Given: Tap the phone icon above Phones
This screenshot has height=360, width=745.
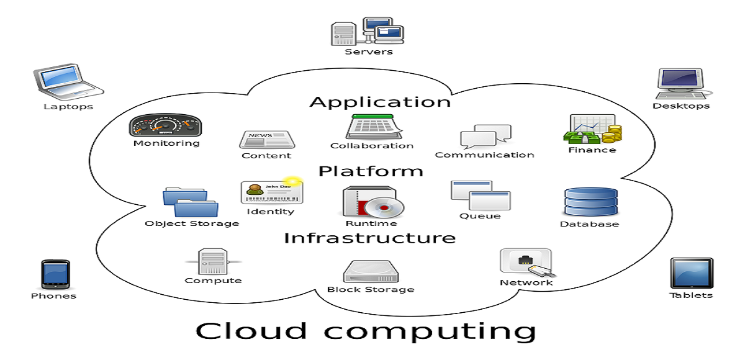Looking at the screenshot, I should (x=55, y=274).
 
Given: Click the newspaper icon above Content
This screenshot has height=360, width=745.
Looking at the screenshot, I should (x=266, y=140).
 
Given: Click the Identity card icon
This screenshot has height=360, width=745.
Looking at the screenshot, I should (x=272, y=192).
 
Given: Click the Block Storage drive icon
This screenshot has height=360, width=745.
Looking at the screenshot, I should (x=371, y=272).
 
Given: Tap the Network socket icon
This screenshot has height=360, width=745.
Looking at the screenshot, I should (x=526, y=263).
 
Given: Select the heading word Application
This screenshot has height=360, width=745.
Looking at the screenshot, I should (x=379, y=102).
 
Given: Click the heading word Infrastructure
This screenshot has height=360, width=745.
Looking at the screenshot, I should (x=369, y=238).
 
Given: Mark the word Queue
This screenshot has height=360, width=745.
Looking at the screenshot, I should (x=479, y=216).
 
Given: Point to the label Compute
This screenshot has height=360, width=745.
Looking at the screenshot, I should (x=213, y=281).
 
